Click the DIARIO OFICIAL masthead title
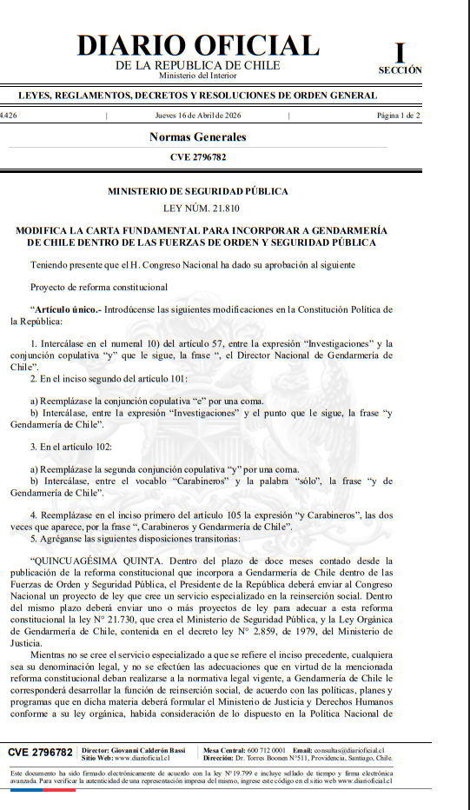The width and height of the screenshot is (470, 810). tap(198, 46)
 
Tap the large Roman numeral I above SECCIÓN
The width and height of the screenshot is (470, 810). tap(400, 51)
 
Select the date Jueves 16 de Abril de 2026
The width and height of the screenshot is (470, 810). tap(197, 115)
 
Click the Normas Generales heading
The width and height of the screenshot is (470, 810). tap(197, 137)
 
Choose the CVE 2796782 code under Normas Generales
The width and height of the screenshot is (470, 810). tap(197, 157)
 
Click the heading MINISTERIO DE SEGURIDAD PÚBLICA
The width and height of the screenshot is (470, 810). tap(197, 191)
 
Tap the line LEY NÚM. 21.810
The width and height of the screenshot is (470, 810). tap(197, 209)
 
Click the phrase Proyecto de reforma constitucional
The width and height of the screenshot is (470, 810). tap(99, 287)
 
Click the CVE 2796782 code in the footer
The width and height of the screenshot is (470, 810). tap(40, 751)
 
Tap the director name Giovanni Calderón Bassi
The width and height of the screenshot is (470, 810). tap(151, 748)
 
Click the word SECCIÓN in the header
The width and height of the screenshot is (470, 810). tap(400, 70)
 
